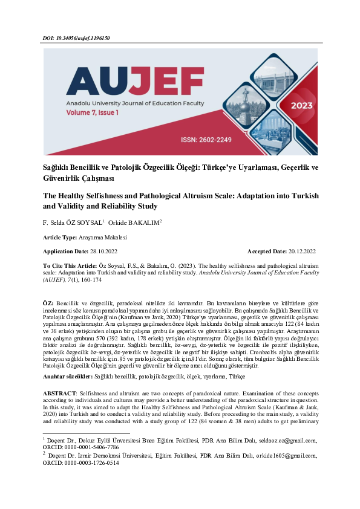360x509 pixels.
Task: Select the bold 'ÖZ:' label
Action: click(x=48, y=302)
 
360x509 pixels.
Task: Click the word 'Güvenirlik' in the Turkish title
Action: click(x=65, y=179)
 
